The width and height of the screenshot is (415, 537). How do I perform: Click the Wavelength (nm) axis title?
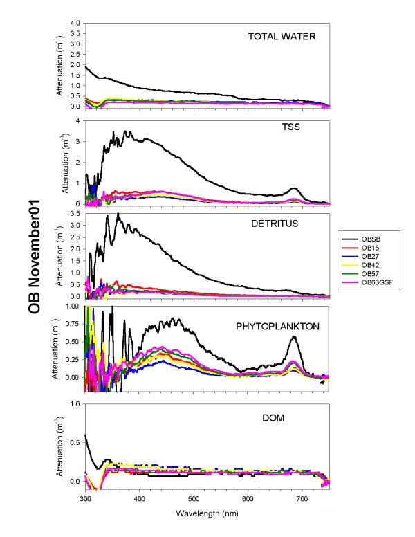207,514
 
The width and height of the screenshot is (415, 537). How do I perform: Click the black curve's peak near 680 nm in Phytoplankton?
294,336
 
